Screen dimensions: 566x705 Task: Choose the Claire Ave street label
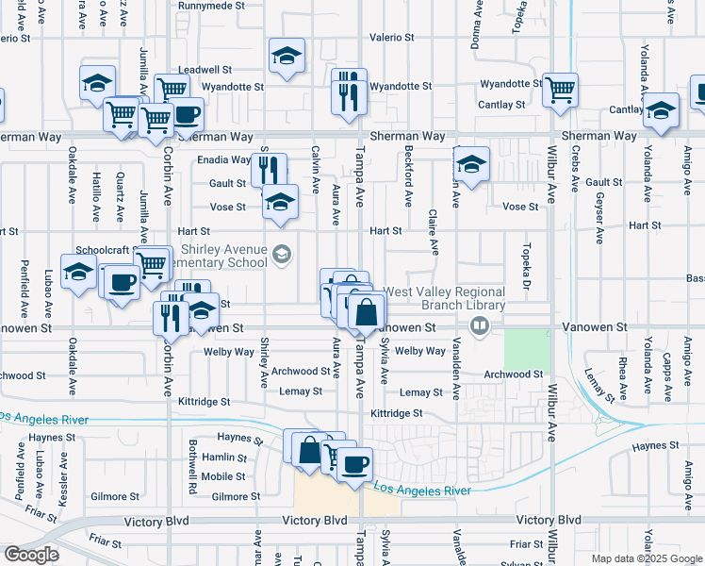(434, 232)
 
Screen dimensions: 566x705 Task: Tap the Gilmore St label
(236, 496)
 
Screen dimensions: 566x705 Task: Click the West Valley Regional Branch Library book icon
(481, 326)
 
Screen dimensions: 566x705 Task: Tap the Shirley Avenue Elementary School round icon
(281, 255)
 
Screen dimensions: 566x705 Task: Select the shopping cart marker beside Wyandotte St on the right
(560, 91)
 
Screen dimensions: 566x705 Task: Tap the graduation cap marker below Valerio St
(287, 57)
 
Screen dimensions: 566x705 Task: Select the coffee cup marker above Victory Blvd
(355, 465)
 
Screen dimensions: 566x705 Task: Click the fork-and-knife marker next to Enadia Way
(269, 170)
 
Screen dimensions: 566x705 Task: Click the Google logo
(32, 555)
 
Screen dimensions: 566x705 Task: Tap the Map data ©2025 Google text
(646, 558)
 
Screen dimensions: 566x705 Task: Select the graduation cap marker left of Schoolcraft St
(78, 273)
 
